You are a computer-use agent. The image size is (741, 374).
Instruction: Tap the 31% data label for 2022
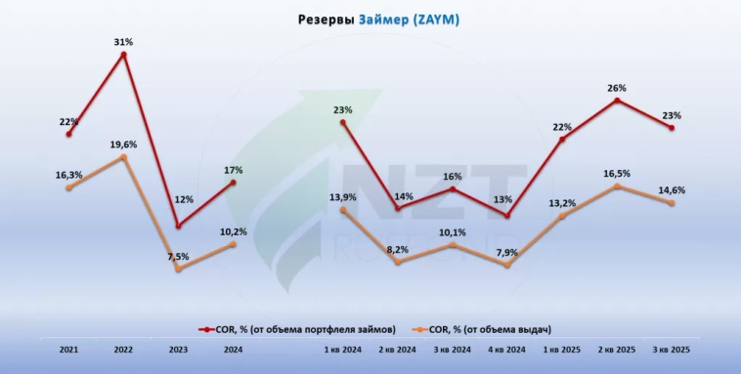pyautogui.click(x=123, y=41)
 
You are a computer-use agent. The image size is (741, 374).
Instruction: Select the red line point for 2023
pyautogui.click(x=178, y=227)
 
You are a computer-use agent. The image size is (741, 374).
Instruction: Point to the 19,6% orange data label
pyautogui.click(x=123, y=144)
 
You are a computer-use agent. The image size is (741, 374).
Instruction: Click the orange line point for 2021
pyautogui.click(x=68, y=187)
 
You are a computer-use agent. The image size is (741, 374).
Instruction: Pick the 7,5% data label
pyautogui.click(x=178, y=256)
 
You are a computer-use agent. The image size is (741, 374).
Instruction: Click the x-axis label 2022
pyautogui.click(x=123, y=349)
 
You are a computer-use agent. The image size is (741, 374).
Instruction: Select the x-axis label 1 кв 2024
pyautogui.click(x=344, y=349)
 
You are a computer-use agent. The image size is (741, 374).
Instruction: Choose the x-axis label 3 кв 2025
pyautogui.click(x=672, y=349)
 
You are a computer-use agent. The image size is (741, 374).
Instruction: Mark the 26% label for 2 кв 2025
pyautogui.click(x=617, y=88)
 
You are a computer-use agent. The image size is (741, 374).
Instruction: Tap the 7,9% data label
pyautogui.click(x=507, y=252)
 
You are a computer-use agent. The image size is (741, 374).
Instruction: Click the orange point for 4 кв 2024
pyautogui.click(x=507, y=266)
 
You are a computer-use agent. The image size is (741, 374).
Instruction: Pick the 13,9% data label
pyautogui.click(x=343, y=197)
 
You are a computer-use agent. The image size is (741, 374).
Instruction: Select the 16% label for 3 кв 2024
pyautogui.click(x=453, y=177)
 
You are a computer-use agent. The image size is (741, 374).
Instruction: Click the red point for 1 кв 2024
pyautogui.click(x=343, y=122)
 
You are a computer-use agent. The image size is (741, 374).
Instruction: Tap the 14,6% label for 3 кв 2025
pyautogui.click(x=672, y=190)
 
